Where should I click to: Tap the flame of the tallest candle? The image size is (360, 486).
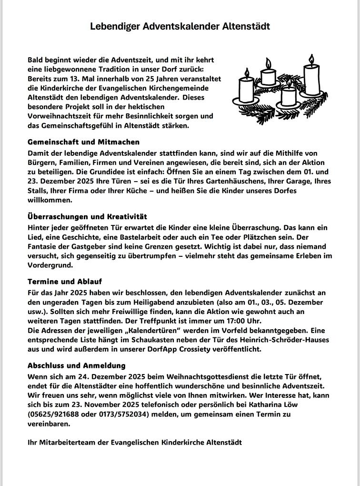[311, 60]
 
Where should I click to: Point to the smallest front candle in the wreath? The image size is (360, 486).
[289, 95]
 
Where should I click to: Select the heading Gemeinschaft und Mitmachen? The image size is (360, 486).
[83, 142]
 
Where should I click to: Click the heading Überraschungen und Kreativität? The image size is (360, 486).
[87, 217]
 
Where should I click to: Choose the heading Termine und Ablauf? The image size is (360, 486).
[65, 282]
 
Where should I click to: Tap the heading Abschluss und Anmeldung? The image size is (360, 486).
[77, 365]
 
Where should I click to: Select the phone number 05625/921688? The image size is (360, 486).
[54, 415]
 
